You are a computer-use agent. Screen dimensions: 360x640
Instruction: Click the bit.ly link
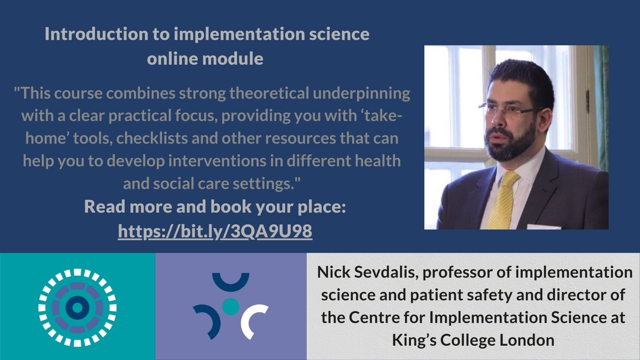pyautogui.click(x=214, y=231)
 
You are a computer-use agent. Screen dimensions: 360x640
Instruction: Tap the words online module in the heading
pyautogui.click(x=205, y=58)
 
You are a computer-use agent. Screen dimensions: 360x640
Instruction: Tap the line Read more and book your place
pyautogui.click(x=215, y=207)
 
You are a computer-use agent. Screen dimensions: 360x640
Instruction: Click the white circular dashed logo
pyautogui.click(x=77, y=307)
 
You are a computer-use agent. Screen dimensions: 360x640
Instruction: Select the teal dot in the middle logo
pyautogui.click(x=230, y=305)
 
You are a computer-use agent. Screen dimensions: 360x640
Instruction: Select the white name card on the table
pyautogui.click(x=543, y=226)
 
